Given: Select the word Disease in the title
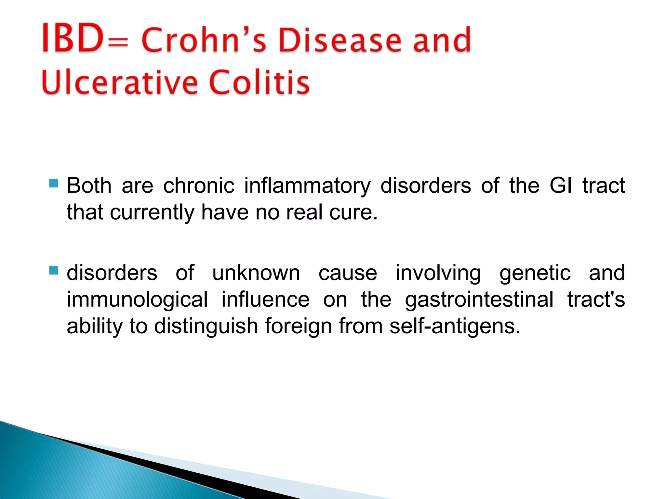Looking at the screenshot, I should [x=340, y=40].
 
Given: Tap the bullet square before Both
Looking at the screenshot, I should [x=53, y=183].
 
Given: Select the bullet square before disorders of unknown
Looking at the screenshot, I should [x=53, y=270].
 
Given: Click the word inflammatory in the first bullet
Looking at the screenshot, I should [x=307, y=186].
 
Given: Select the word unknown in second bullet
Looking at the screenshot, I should [x=256, y=273].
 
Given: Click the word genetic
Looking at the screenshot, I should [x=535, y=273].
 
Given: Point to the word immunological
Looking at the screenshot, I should [x=137, y=300].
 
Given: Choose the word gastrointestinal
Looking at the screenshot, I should [x=479, y=300].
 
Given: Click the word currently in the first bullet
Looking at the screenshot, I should [x=152, y=212].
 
